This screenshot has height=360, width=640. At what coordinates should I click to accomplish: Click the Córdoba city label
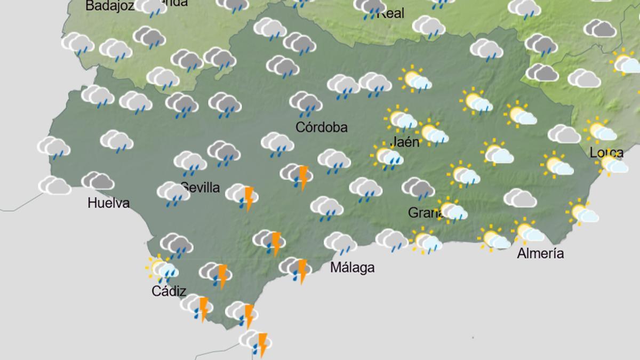pos(322,127)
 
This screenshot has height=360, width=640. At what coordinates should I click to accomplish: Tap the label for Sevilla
pos(201,187)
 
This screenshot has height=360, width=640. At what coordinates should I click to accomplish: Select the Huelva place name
pos(109,203)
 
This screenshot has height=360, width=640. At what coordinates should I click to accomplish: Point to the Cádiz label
pos(169,291)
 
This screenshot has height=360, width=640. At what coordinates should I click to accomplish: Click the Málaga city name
pos(352,268)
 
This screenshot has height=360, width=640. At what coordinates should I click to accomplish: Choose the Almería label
pos(540,254)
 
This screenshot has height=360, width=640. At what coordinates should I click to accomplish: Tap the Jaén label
pos(405,142)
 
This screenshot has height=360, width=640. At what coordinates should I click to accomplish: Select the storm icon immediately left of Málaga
pos(297,269)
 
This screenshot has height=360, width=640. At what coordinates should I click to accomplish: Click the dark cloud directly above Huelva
pos(98,181)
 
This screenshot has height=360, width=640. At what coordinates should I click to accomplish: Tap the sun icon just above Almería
pos(529,232)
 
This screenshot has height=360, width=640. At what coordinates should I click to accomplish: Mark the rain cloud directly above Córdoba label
pos(306,103)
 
